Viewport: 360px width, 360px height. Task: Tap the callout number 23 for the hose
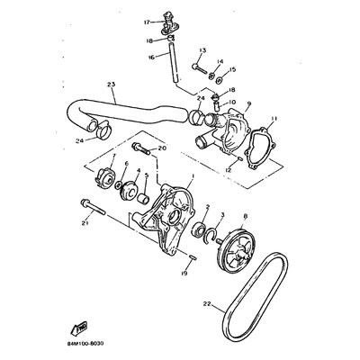[111, 86]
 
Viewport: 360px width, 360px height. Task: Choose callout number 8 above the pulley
[245, 217]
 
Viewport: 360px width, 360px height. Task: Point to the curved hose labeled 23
[126, 112]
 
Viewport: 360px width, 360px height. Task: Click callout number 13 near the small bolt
[202, 51]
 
